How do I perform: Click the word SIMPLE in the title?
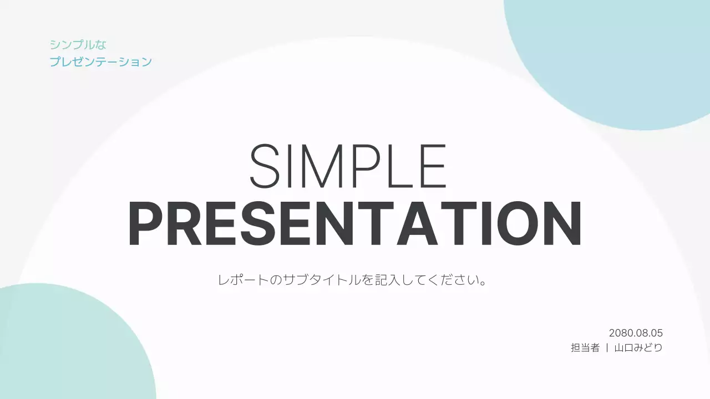tap(348, 166)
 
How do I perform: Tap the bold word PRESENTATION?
tap(355, 223)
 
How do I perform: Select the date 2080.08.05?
tap(636, 333)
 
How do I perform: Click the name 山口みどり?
tap(638, 347)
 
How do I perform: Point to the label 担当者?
tap(585, 347)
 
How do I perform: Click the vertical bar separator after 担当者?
tap(607, 347)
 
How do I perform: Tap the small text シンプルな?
tap(78, 45)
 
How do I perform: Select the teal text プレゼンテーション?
tap(101, 62)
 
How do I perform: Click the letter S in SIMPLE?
tap(265, 166)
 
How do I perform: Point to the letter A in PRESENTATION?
tap(415, 223)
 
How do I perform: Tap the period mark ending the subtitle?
tap(483, 283)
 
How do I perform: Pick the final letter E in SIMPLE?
tap(434, 166)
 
